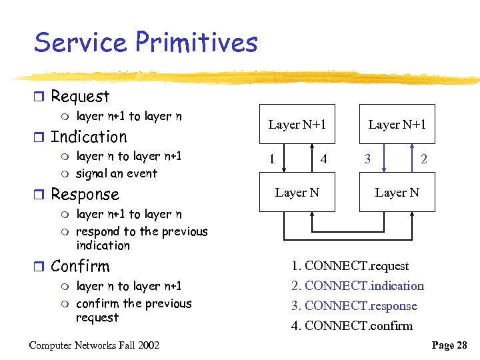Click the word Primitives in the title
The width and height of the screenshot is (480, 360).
[x=197, y=43]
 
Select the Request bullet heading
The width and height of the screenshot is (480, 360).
[x=80, y=97]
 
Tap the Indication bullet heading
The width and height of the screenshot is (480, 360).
[x=89, y=137]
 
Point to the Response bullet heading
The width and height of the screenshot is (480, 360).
[x=85, y=195]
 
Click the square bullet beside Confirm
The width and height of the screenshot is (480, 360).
[x=41, y=267]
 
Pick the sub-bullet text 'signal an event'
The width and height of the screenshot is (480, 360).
[x=117, y=174]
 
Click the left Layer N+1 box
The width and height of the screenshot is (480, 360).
[x=297, y=124]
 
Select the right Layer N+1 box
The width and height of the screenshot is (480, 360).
[x=397, y=124]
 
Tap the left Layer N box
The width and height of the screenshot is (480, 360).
[x=297, y=192]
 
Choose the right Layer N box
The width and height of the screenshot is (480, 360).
[x=397, y=192]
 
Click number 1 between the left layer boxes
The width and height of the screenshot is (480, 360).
[x=271, y=159]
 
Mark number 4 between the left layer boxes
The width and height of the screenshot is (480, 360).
[x=323, y=159]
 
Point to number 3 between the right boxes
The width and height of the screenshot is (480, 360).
[x=366, y=159]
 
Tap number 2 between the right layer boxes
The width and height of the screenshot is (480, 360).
[x=423, y=159]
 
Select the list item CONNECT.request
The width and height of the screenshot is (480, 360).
[x=350, y=266]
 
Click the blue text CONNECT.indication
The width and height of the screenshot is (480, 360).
[x=357, y=286]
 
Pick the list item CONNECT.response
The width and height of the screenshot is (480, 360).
[x=354, y=306]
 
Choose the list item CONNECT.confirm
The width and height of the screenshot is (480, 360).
[x=352, y=326]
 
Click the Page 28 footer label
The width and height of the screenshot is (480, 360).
[x=450, y=345]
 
